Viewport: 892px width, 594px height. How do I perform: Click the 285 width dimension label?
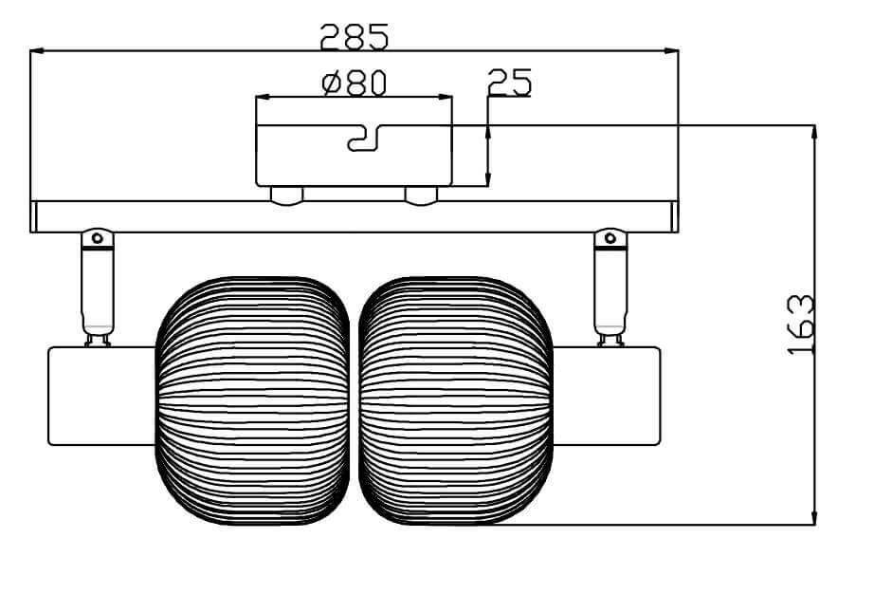355,36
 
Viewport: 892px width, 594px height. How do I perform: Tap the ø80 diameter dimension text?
355,84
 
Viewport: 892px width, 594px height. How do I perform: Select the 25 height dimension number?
509,83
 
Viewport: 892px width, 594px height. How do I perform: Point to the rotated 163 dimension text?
802,325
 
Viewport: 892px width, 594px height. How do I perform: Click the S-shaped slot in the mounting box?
363,139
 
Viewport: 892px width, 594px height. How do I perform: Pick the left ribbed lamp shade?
252,400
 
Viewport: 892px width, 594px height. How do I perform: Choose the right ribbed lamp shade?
456,400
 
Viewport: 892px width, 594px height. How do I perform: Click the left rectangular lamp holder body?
100,396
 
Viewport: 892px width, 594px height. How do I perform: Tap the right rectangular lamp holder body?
607,396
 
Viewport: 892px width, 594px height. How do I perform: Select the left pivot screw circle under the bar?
97,238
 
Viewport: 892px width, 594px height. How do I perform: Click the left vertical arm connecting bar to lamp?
98,289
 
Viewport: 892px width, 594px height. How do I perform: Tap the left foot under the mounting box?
287,195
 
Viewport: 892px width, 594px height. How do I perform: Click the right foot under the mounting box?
421,195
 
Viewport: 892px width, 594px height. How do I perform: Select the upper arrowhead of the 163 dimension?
814,132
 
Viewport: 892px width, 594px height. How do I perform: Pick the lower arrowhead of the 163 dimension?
814,516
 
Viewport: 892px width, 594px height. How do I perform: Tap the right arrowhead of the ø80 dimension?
446,97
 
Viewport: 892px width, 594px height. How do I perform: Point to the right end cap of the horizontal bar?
675,216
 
